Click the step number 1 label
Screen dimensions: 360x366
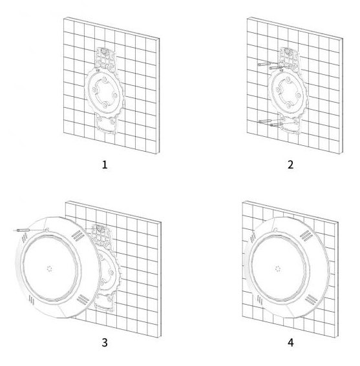[105, 165]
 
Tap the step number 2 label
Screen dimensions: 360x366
[290, 165]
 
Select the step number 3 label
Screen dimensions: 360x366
[105, 343]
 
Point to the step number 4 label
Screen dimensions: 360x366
[290, 343]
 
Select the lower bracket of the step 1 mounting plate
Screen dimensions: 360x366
[107, 123]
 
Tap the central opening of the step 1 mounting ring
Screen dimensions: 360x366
[105, 92]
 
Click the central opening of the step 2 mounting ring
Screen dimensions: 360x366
[288, 92]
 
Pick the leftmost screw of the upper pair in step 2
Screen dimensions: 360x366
[264, 64]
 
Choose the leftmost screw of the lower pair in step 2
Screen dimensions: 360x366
[266, 121]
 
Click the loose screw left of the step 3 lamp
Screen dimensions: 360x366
[23, 230]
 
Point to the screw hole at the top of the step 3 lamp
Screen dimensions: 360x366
[47, 230]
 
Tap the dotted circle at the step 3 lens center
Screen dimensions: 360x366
[49, 269]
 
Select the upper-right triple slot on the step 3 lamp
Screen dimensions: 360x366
[78, 236]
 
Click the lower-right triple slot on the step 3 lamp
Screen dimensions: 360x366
[83, 300]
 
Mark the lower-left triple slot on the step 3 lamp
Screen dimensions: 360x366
[31, 300]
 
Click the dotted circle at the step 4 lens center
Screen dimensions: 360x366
[278, 269]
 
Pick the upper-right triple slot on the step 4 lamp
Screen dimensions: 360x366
[306, 235]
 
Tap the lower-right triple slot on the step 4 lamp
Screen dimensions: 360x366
[311, 300]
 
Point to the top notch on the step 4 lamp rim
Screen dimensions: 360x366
[275, 230]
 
